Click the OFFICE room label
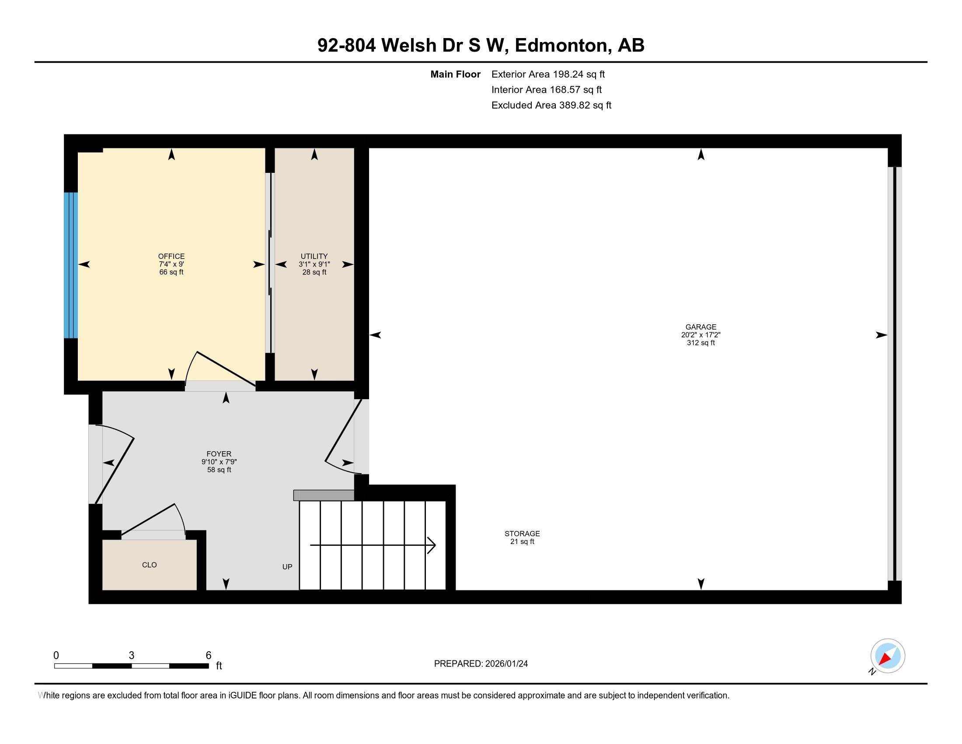tap(171, 256)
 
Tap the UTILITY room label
tap(314, 256)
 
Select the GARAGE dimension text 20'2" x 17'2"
tap(701, 335)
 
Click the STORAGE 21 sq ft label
tap(522, 537)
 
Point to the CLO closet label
tap(149, 565)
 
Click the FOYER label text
tap(219, 454)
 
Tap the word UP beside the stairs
tap(287, 567)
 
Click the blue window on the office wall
tap(70, 265)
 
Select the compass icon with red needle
tap(888, 656)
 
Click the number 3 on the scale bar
tap(131, 656)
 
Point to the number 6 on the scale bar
tap(208, 656)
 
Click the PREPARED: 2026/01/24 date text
tap(481, 664)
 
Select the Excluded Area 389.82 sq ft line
tap(551, 105)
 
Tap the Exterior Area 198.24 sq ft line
tap(548, 74)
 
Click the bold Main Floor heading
tap(455, 74)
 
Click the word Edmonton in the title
tap(560, 46)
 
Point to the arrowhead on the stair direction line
tap(432, 545)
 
